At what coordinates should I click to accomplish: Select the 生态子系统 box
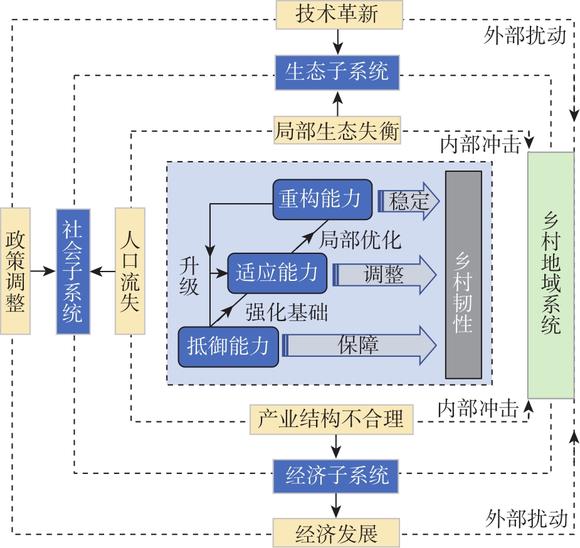pyautogui.click(x=337, y=71)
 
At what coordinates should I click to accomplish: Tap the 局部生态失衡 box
pyautogui.click(x=337, y=130)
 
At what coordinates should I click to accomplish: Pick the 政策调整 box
pyautogui.click(x=14, y=271)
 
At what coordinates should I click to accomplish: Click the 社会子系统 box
pyautogui.click(x=73, y=271)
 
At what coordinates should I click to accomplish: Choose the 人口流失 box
pyautogui.click(x=130, y=271)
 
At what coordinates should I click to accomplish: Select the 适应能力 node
pyautogui.click(x=277, y=273)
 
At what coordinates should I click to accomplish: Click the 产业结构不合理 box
pyautogui.click(x=332, y=419)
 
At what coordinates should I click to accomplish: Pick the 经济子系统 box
pyautogui.click(x=337, y=476)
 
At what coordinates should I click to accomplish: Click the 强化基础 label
pyautogui.click(x=287, y=312)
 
